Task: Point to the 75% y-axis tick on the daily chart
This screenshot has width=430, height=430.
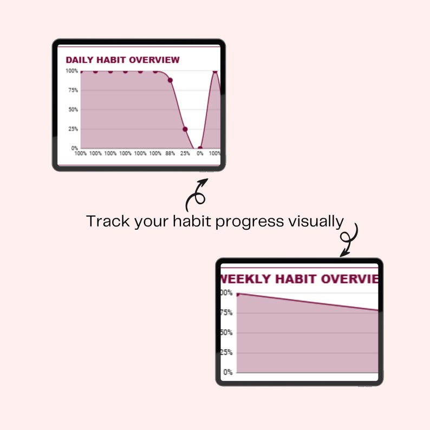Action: click(73, 90)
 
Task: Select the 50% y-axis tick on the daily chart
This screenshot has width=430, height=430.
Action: click(73, 109)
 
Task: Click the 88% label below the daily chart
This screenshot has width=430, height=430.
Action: click(170, 154)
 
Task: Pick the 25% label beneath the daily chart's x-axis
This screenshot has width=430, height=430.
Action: click(185, 154)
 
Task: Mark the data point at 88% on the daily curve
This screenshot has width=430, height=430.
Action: click(170, 80)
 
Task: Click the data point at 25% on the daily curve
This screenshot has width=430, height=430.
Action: click(185, 129)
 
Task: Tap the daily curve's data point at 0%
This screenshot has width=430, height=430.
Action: click(200, 148)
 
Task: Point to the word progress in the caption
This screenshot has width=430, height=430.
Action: click(247, 222)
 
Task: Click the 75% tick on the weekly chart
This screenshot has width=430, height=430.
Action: click(226, 313)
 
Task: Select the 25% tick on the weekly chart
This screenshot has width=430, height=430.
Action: click(226, 353)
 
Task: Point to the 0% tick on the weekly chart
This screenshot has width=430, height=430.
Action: click(228, 373)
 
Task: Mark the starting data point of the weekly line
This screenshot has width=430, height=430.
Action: click(238, 294)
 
